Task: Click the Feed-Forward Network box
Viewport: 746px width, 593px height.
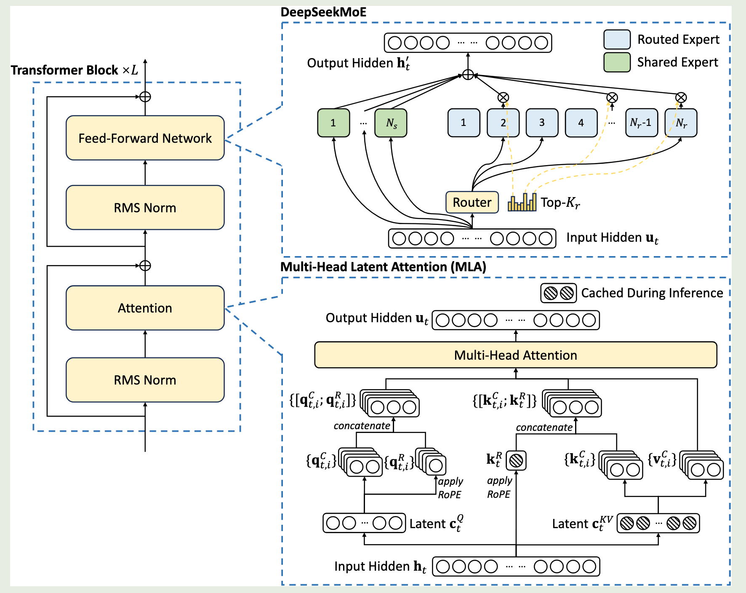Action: click(145, 138)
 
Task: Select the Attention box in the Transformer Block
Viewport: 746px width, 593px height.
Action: click(145, 308)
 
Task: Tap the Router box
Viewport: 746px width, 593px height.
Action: click(472, 203)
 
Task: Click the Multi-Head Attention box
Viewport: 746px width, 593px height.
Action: click(515, 355)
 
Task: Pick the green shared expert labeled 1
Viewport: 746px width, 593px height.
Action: click(333, 123)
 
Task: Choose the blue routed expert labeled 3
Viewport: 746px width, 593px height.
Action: click(542, 123)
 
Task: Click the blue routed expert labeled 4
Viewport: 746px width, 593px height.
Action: click(581, 123)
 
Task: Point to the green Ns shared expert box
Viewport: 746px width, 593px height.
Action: click(391, 123)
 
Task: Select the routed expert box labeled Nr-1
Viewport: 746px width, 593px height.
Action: click(641, 123)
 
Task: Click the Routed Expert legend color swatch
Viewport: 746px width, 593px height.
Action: click(617, 40)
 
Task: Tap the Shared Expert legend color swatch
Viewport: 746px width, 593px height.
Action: click(617, 62)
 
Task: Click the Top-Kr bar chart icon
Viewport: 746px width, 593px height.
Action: click(522, 202)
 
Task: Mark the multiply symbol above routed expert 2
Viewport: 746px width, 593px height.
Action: click(503, 98)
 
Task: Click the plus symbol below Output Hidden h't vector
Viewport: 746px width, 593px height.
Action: click(468, 75)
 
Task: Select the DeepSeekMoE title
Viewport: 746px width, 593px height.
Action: click(323, 12)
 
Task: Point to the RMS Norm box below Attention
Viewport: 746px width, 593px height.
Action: click(145, 380)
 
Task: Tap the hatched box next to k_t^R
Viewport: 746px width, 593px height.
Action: click(516, 461)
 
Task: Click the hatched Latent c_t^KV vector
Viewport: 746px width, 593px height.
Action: click(658, 524)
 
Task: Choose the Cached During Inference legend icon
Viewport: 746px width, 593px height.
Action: click(558, 293)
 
